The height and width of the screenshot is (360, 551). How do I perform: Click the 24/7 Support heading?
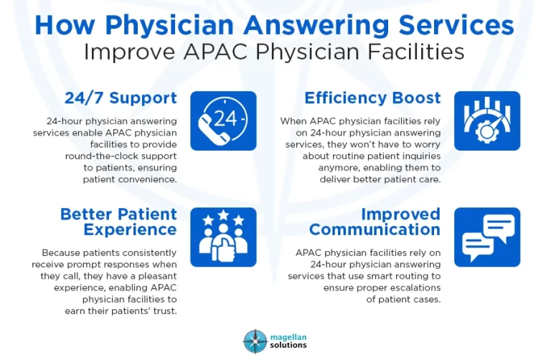click(x=121, y=98)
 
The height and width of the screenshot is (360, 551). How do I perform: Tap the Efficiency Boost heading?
click(x=372, y=98)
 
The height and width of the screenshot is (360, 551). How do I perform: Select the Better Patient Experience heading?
click(x=118, y=222)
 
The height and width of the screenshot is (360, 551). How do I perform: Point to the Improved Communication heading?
click(x=375, y=222)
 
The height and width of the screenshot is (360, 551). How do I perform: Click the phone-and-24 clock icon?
click(x=223, y=120)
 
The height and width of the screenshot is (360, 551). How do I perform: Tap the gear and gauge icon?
click(x=487, y=120)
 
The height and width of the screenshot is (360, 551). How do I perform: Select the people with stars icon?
click(x=223, y=237)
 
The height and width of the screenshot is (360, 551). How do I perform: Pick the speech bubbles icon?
click(x=487, y=237)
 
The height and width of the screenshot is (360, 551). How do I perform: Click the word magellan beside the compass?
click(x=287, y=336)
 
